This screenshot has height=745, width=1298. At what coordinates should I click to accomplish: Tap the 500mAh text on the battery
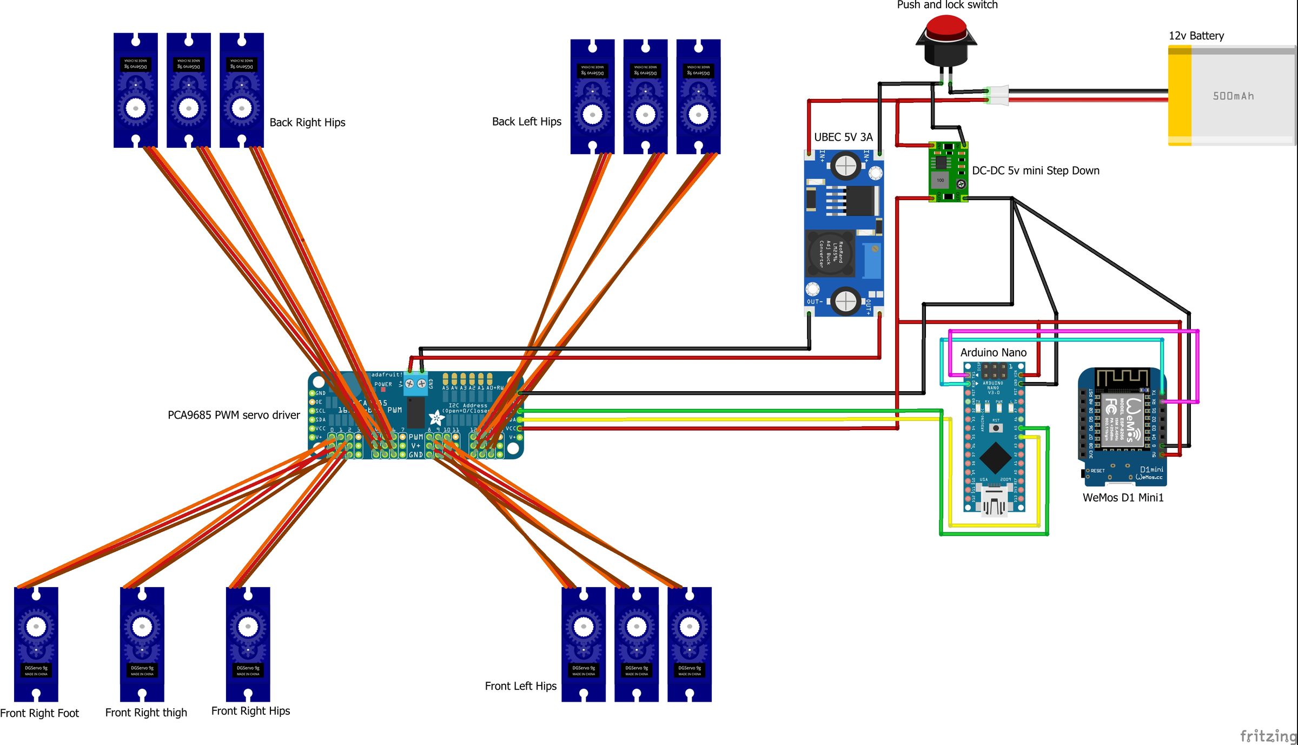tap(1233, 96)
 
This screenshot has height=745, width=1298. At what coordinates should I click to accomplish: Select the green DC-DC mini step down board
tap(948, 172)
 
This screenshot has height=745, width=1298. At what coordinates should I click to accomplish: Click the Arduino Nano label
tap(993, 353)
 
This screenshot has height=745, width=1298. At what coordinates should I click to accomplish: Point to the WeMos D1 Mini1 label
tap(1123, 498)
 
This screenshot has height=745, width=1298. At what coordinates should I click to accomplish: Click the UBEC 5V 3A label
tap(843, 137)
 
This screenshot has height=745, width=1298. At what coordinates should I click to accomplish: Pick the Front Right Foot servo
tap(36, 644)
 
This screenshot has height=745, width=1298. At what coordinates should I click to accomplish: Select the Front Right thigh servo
tap(142, 644)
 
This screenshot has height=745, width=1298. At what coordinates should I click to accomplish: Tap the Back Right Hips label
tap(307, 123)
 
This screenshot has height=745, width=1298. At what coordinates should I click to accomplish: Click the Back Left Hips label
tap(526, 122)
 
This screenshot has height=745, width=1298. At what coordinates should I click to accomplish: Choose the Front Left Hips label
tap(520, 686)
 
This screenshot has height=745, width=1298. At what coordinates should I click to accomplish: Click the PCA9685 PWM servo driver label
tap(234, 415)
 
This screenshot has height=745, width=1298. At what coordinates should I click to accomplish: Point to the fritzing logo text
tap(1268, 736)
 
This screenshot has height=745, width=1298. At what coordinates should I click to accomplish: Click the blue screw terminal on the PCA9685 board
tap(415, 384)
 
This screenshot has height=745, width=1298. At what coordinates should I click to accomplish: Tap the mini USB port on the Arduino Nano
tap(994, 502)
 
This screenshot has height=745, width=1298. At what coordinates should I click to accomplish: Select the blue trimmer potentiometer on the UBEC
tap(872, 260)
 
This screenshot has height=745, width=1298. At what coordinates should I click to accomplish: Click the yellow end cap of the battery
tap(1180, 96)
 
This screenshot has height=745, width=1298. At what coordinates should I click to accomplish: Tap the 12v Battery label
tap(1196, 36)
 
